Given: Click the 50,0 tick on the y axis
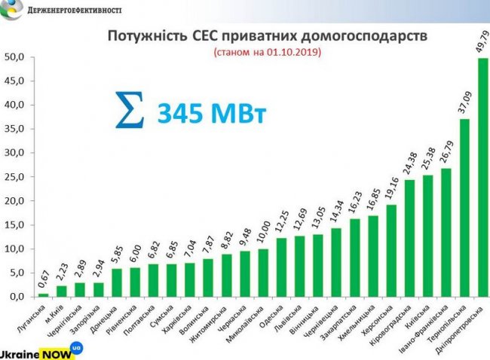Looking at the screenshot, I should (16, 57).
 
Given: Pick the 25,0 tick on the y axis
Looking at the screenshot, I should (16, 177).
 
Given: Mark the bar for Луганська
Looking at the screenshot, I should (43, 294).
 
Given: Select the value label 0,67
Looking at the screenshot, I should (44, 278).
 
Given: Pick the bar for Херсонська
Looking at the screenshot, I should (391, 251).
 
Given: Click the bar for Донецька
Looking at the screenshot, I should (117, 282).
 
